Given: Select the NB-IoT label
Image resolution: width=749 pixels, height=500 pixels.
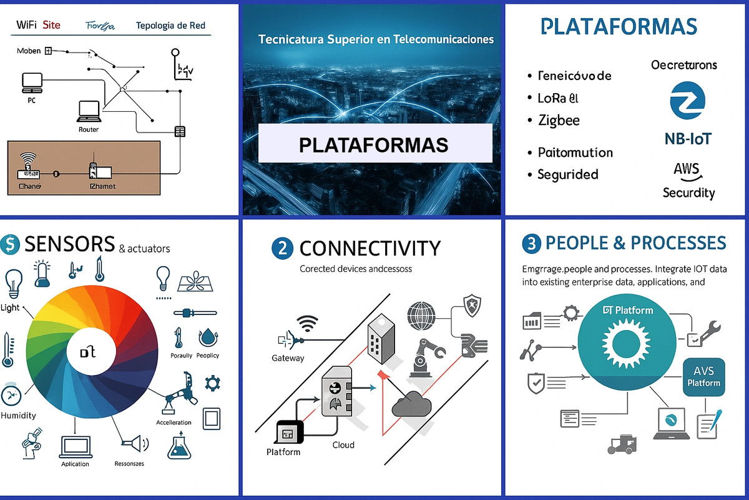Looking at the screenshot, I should (688, 138).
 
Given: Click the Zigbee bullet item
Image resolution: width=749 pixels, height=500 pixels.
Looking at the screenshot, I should (559, 120).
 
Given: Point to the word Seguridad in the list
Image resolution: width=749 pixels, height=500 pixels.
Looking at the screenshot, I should (567, 174).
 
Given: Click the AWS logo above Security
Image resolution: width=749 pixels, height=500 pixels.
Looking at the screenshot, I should (686, 169).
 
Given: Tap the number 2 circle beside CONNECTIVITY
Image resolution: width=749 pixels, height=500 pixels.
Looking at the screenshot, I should (282, 248).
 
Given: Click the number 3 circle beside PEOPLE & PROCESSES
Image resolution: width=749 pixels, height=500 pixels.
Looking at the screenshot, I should (531, 244).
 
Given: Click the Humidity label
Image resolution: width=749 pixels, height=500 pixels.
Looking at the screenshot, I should (19, 416).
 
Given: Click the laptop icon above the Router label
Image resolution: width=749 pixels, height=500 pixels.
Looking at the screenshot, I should (88, 111).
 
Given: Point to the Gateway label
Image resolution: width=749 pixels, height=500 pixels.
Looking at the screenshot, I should (288, 358).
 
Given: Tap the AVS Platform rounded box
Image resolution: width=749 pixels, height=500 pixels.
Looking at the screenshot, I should (703, 377).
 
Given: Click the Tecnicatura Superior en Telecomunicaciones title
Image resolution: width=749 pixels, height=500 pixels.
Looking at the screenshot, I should (376, 39).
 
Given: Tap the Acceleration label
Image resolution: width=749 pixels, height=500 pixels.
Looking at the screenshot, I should (174, 422).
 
